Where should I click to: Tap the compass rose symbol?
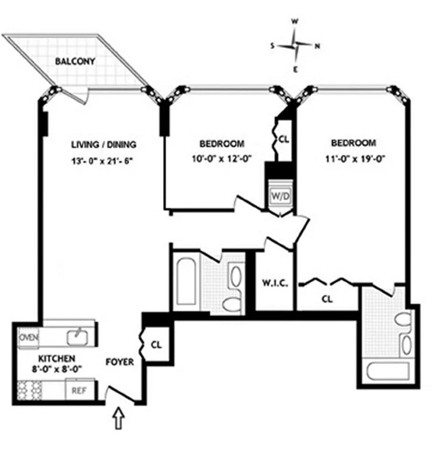[295, 45]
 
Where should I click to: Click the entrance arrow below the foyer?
[119, 419]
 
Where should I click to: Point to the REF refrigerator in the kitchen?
[80, 391]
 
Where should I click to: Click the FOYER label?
[119, 362]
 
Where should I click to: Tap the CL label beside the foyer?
[156, 345]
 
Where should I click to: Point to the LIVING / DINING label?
[103, 144]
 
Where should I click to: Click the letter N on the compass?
[317, 46]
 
